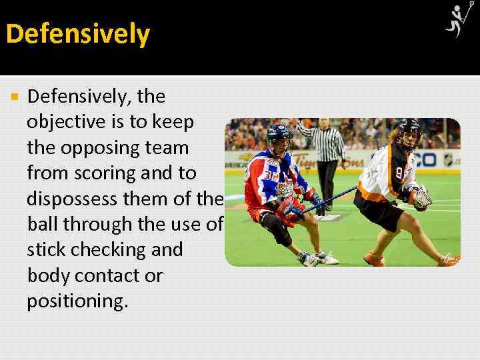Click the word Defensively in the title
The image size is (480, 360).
point(78,34)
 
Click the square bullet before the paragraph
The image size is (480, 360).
point(15,97)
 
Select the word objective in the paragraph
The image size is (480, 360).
point(65,123)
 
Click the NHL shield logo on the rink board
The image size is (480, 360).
point(449,160)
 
